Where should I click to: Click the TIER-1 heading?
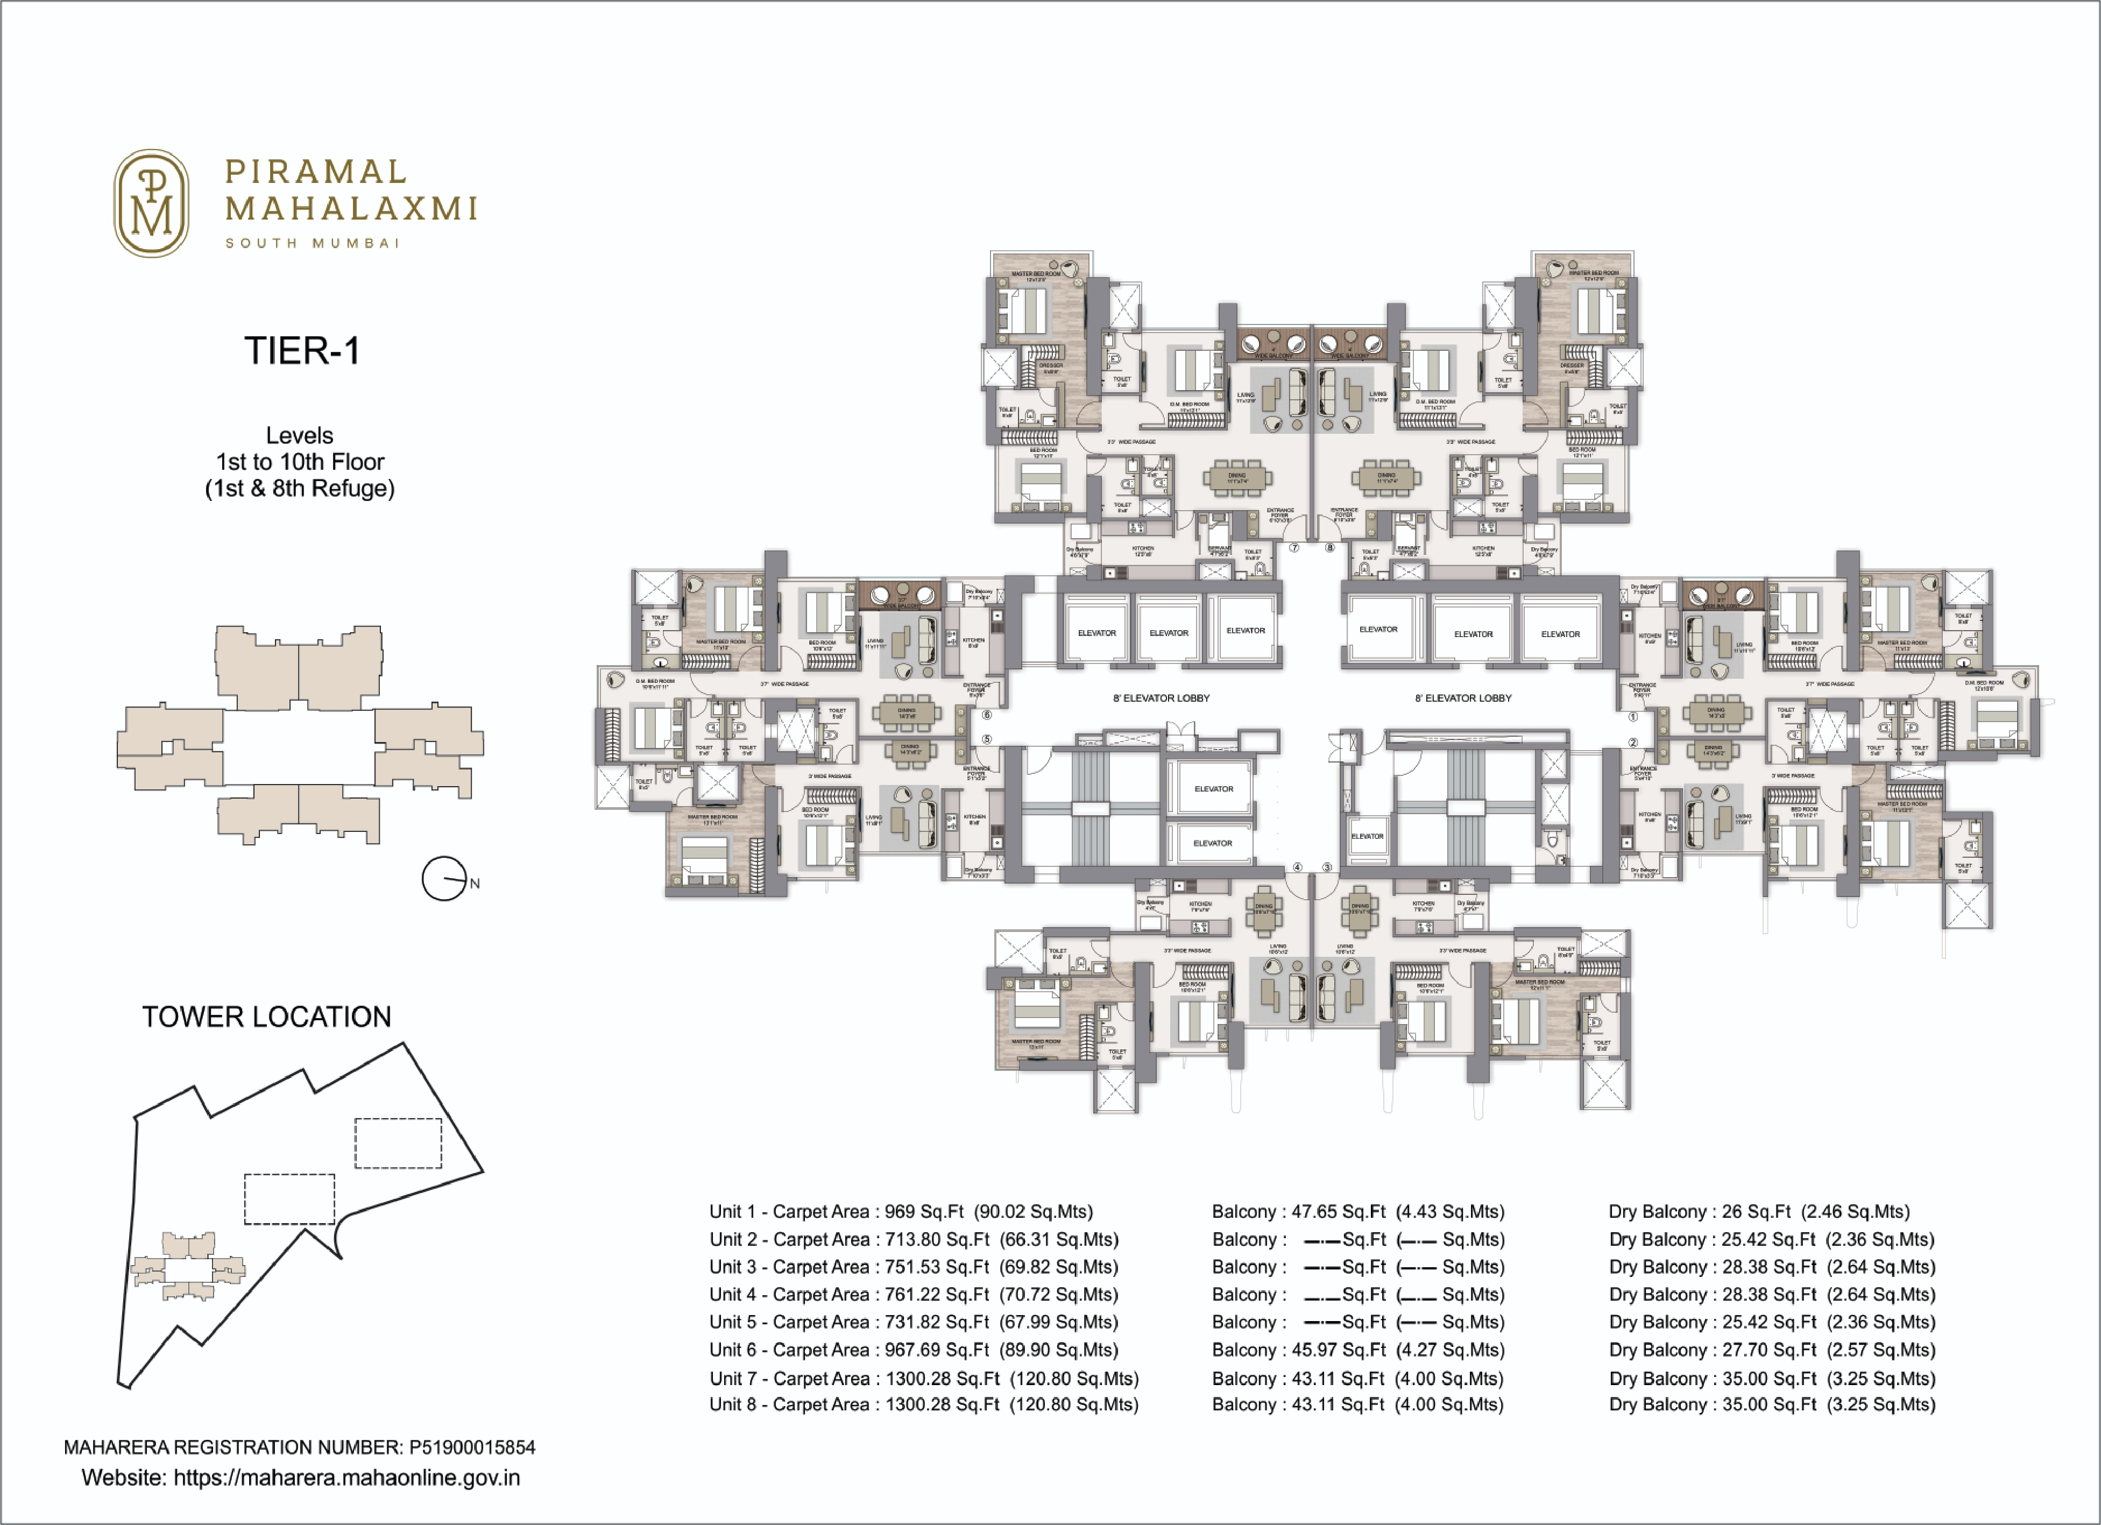click(301, 351)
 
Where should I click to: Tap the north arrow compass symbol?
click(444, 878)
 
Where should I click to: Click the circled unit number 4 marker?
click(1298, 867)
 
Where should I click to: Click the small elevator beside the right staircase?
click(1367, 836)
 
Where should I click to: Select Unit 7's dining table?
click(1237, 478)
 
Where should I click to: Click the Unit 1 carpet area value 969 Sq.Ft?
click(924, 1212)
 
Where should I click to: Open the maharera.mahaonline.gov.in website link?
click(346, 1478)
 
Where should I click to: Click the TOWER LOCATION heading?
click(267, 1016)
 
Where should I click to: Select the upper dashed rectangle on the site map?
click(398, 1143)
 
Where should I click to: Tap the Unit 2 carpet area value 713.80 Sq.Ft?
click(937, 1240)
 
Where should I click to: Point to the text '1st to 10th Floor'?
click(300, 461)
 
